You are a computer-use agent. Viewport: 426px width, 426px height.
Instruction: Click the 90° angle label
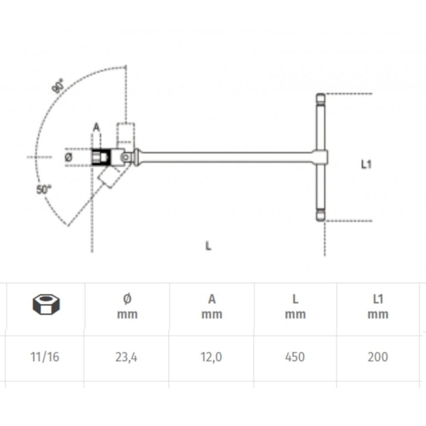[x=58, y=85]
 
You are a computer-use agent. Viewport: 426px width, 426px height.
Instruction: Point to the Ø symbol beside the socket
[x=69, y=157]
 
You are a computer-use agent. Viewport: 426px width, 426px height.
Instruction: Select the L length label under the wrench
[x=208, y=246]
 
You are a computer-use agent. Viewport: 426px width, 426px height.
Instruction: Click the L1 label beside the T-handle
[x=367, y=165]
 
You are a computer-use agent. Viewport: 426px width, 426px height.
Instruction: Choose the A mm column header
[x=212, y=306]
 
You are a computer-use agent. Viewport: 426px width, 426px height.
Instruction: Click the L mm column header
[x=296, y=306]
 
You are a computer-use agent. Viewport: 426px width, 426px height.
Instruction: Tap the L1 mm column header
[x=378, y=306]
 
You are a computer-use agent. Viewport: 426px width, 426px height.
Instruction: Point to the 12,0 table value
[x=212, y=357]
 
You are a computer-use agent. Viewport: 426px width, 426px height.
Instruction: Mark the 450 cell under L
[x=296, y=357]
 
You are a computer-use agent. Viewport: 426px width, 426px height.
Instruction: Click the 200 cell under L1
[x=378, y=357]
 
